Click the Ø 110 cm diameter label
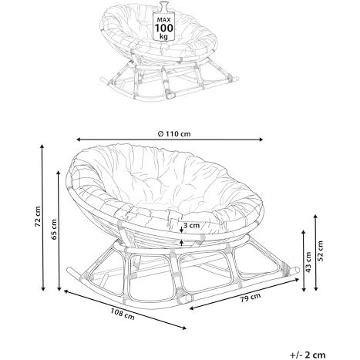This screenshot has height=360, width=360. (174, 133)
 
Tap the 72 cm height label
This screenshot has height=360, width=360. (38, 216)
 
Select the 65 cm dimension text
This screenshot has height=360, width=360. (54, 229)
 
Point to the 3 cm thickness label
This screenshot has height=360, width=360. (191, 226)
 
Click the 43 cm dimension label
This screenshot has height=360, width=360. (308, 262)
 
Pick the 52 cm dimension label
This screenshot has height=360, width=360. (320, 251)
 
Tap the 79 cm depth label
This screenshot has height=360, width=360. (251, 298)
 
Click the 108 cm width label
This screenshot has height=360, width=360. (123, 314)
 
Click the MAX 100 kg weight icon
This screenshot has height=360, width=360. (163, 21)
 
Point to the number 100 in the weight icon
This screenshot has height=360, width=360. (163, 28)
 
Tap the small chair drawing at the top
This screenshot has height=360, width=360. (169, 52)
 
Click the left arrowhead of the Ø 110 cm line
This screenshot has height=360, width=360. (79, 140)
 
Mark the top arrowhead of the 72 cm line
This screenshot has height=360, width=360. (42, 146)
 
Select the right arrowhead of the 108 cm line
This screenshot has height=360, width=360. (184, 328)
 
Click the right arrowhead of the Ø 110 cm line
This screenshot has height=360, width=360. (261, 140)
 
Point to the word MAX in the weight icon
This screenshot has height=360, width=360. (163, 20)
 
